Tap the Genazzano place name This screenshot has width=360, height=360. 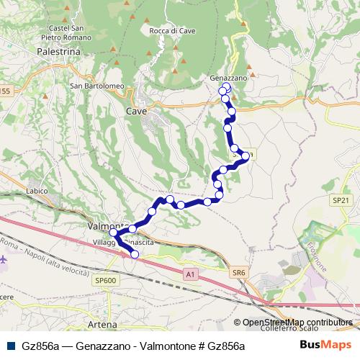(228, 77)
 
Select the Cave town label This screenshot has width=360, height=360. (136, 112)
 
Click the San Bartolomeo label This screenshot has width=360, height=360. (97, 86)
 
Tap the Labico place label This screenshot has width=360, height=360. (36, 192)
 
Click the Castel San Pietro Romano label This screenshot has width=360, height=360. (70, 32)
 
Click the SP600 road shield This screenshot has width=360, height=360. (104, 280)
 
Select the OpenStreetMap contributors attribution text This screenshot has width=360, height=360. (297, 322)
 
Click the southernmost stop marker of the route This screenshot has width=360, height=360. (135, 254)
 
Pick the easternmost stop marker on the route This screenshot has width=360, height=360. (246, 156)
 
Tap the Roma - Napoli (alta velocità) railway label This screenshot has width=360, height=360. (43, 257)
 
